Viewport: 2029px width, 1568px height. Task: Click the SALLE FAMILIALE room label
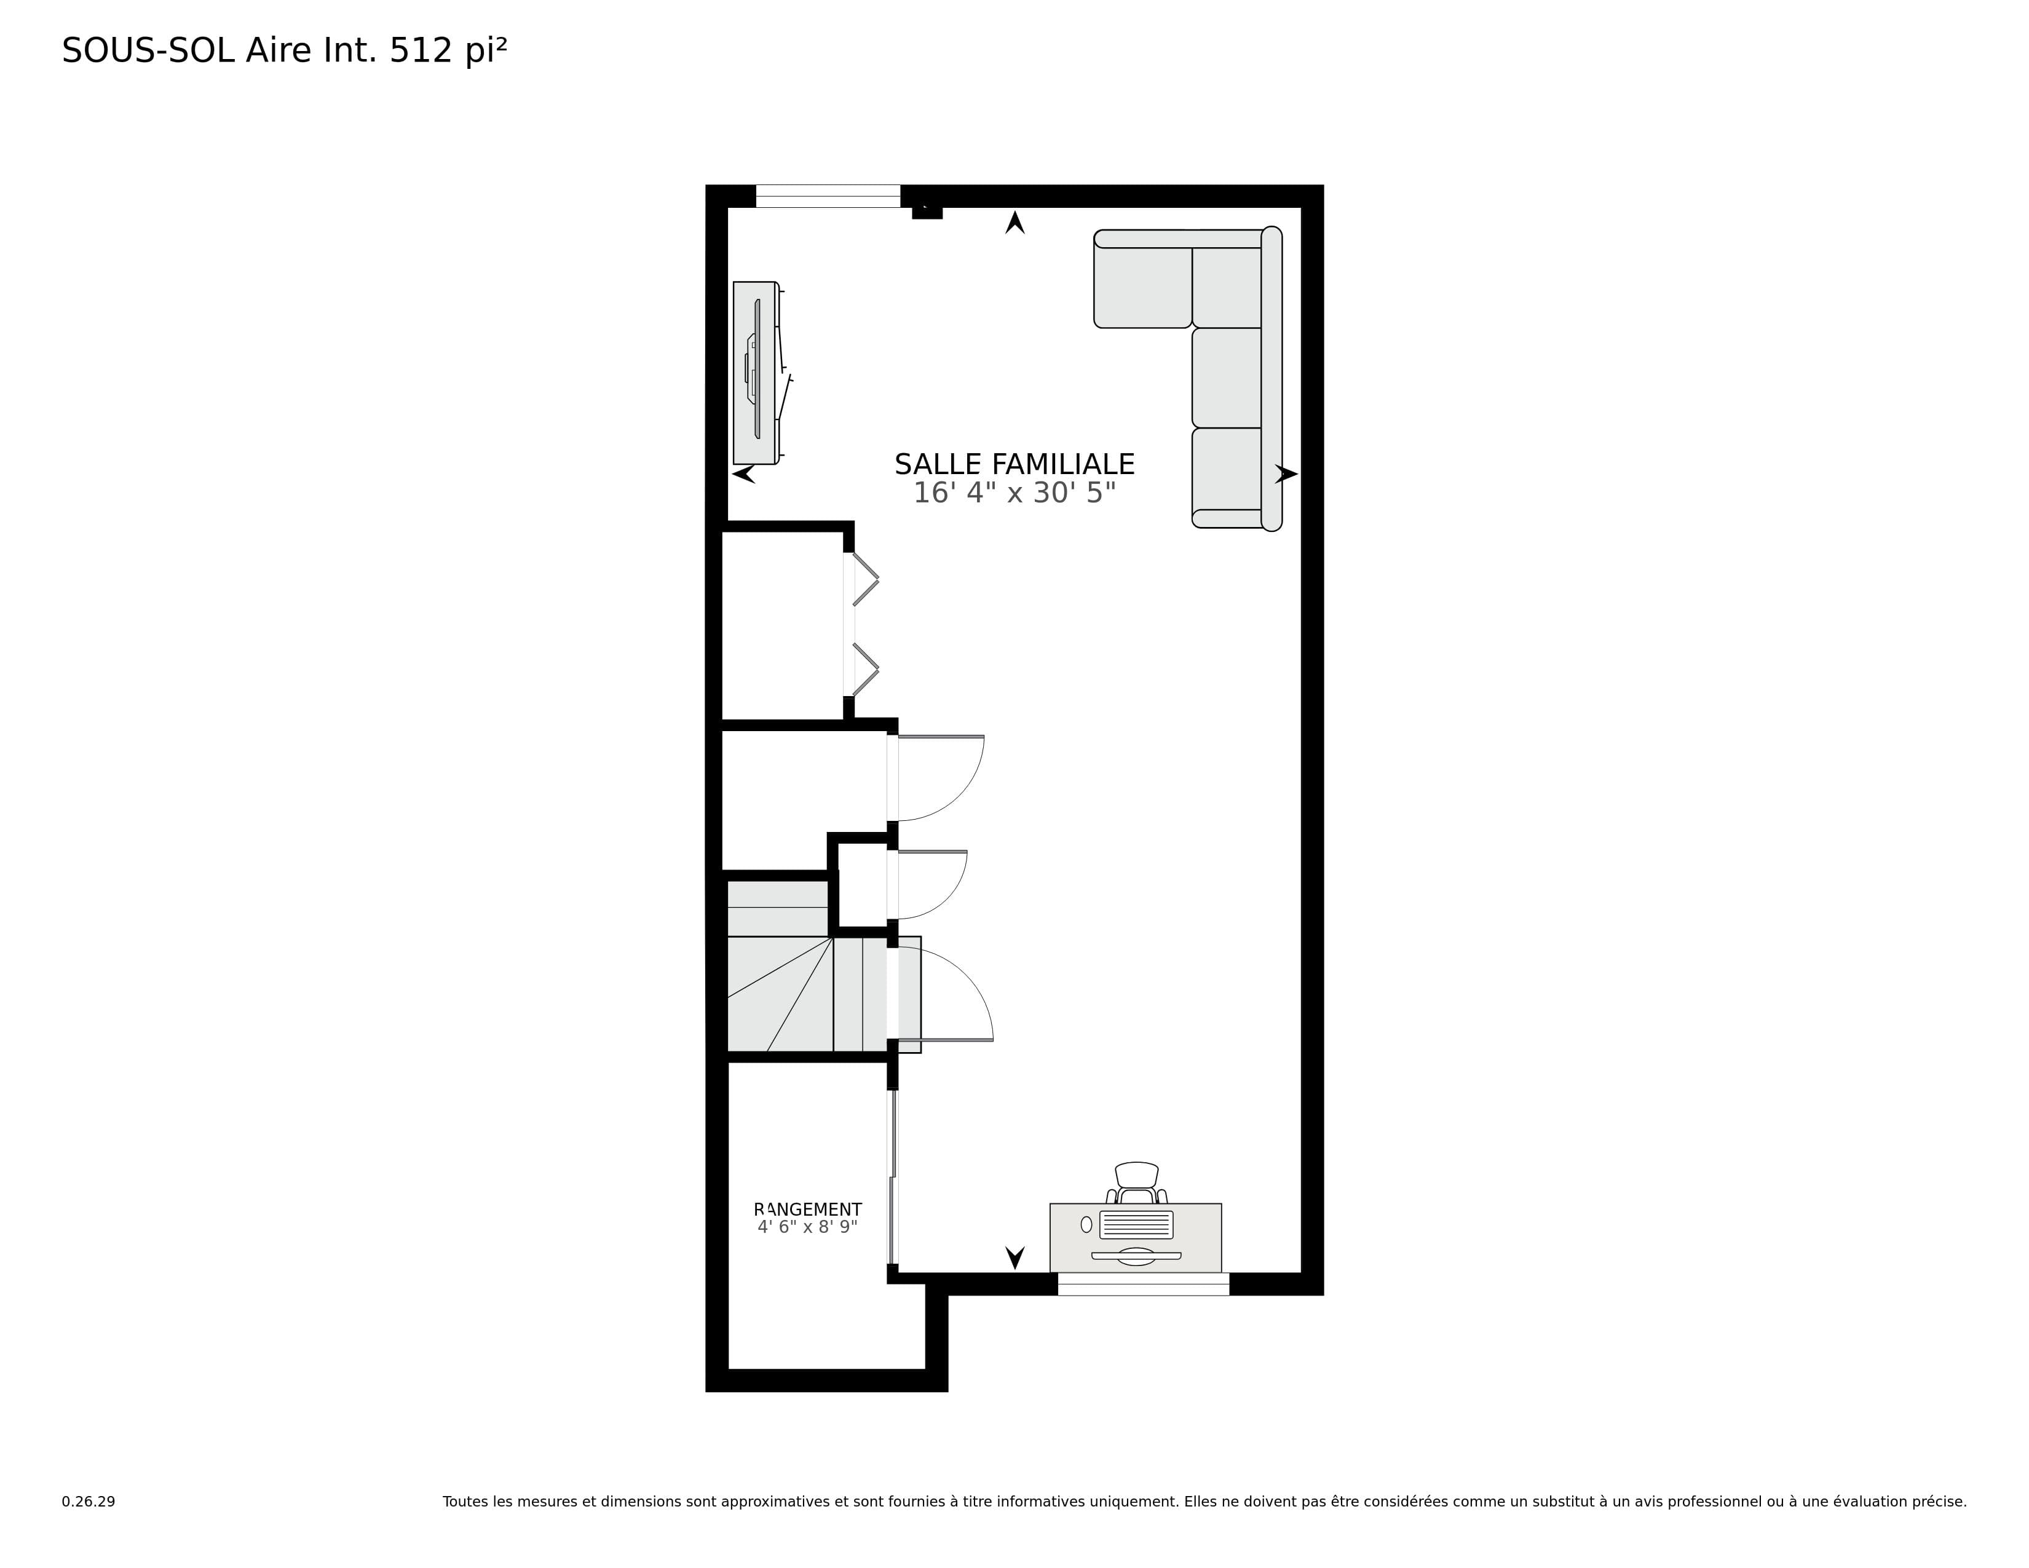tap(1014, 464)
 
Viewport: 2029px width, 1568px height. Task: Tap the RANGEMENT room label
tap(807, 1210)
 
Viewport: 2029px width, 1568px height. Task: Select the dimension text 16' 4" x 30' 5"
tap(1014, 493)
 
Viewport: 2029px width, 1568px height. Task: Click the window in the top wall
tap(828, 196)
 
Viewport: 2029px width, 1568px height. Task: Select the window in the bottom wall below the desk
tap(1143, 1284)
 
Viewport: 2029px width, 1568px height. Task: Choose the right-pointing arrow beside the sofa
tap(1286, 473)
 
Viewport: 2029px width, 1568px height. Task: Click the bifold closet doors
tap(865, 624)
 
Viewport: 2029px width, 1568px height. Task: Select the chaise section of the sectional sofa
tap(1143, 279)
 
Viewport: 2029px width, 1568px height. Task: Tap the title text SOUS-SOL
tap(148, 50)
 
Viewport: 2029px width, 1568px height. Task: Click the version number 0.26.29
tap(89, 1501)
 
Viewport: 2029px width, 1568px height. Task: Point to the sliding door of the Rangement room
tap(893, 1176)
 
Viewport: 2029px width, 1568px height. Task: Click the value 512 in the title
tap(420, 50)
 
